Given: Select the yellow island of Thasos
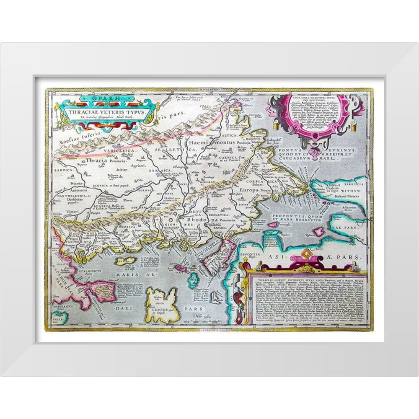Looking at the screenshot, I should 126,261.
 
